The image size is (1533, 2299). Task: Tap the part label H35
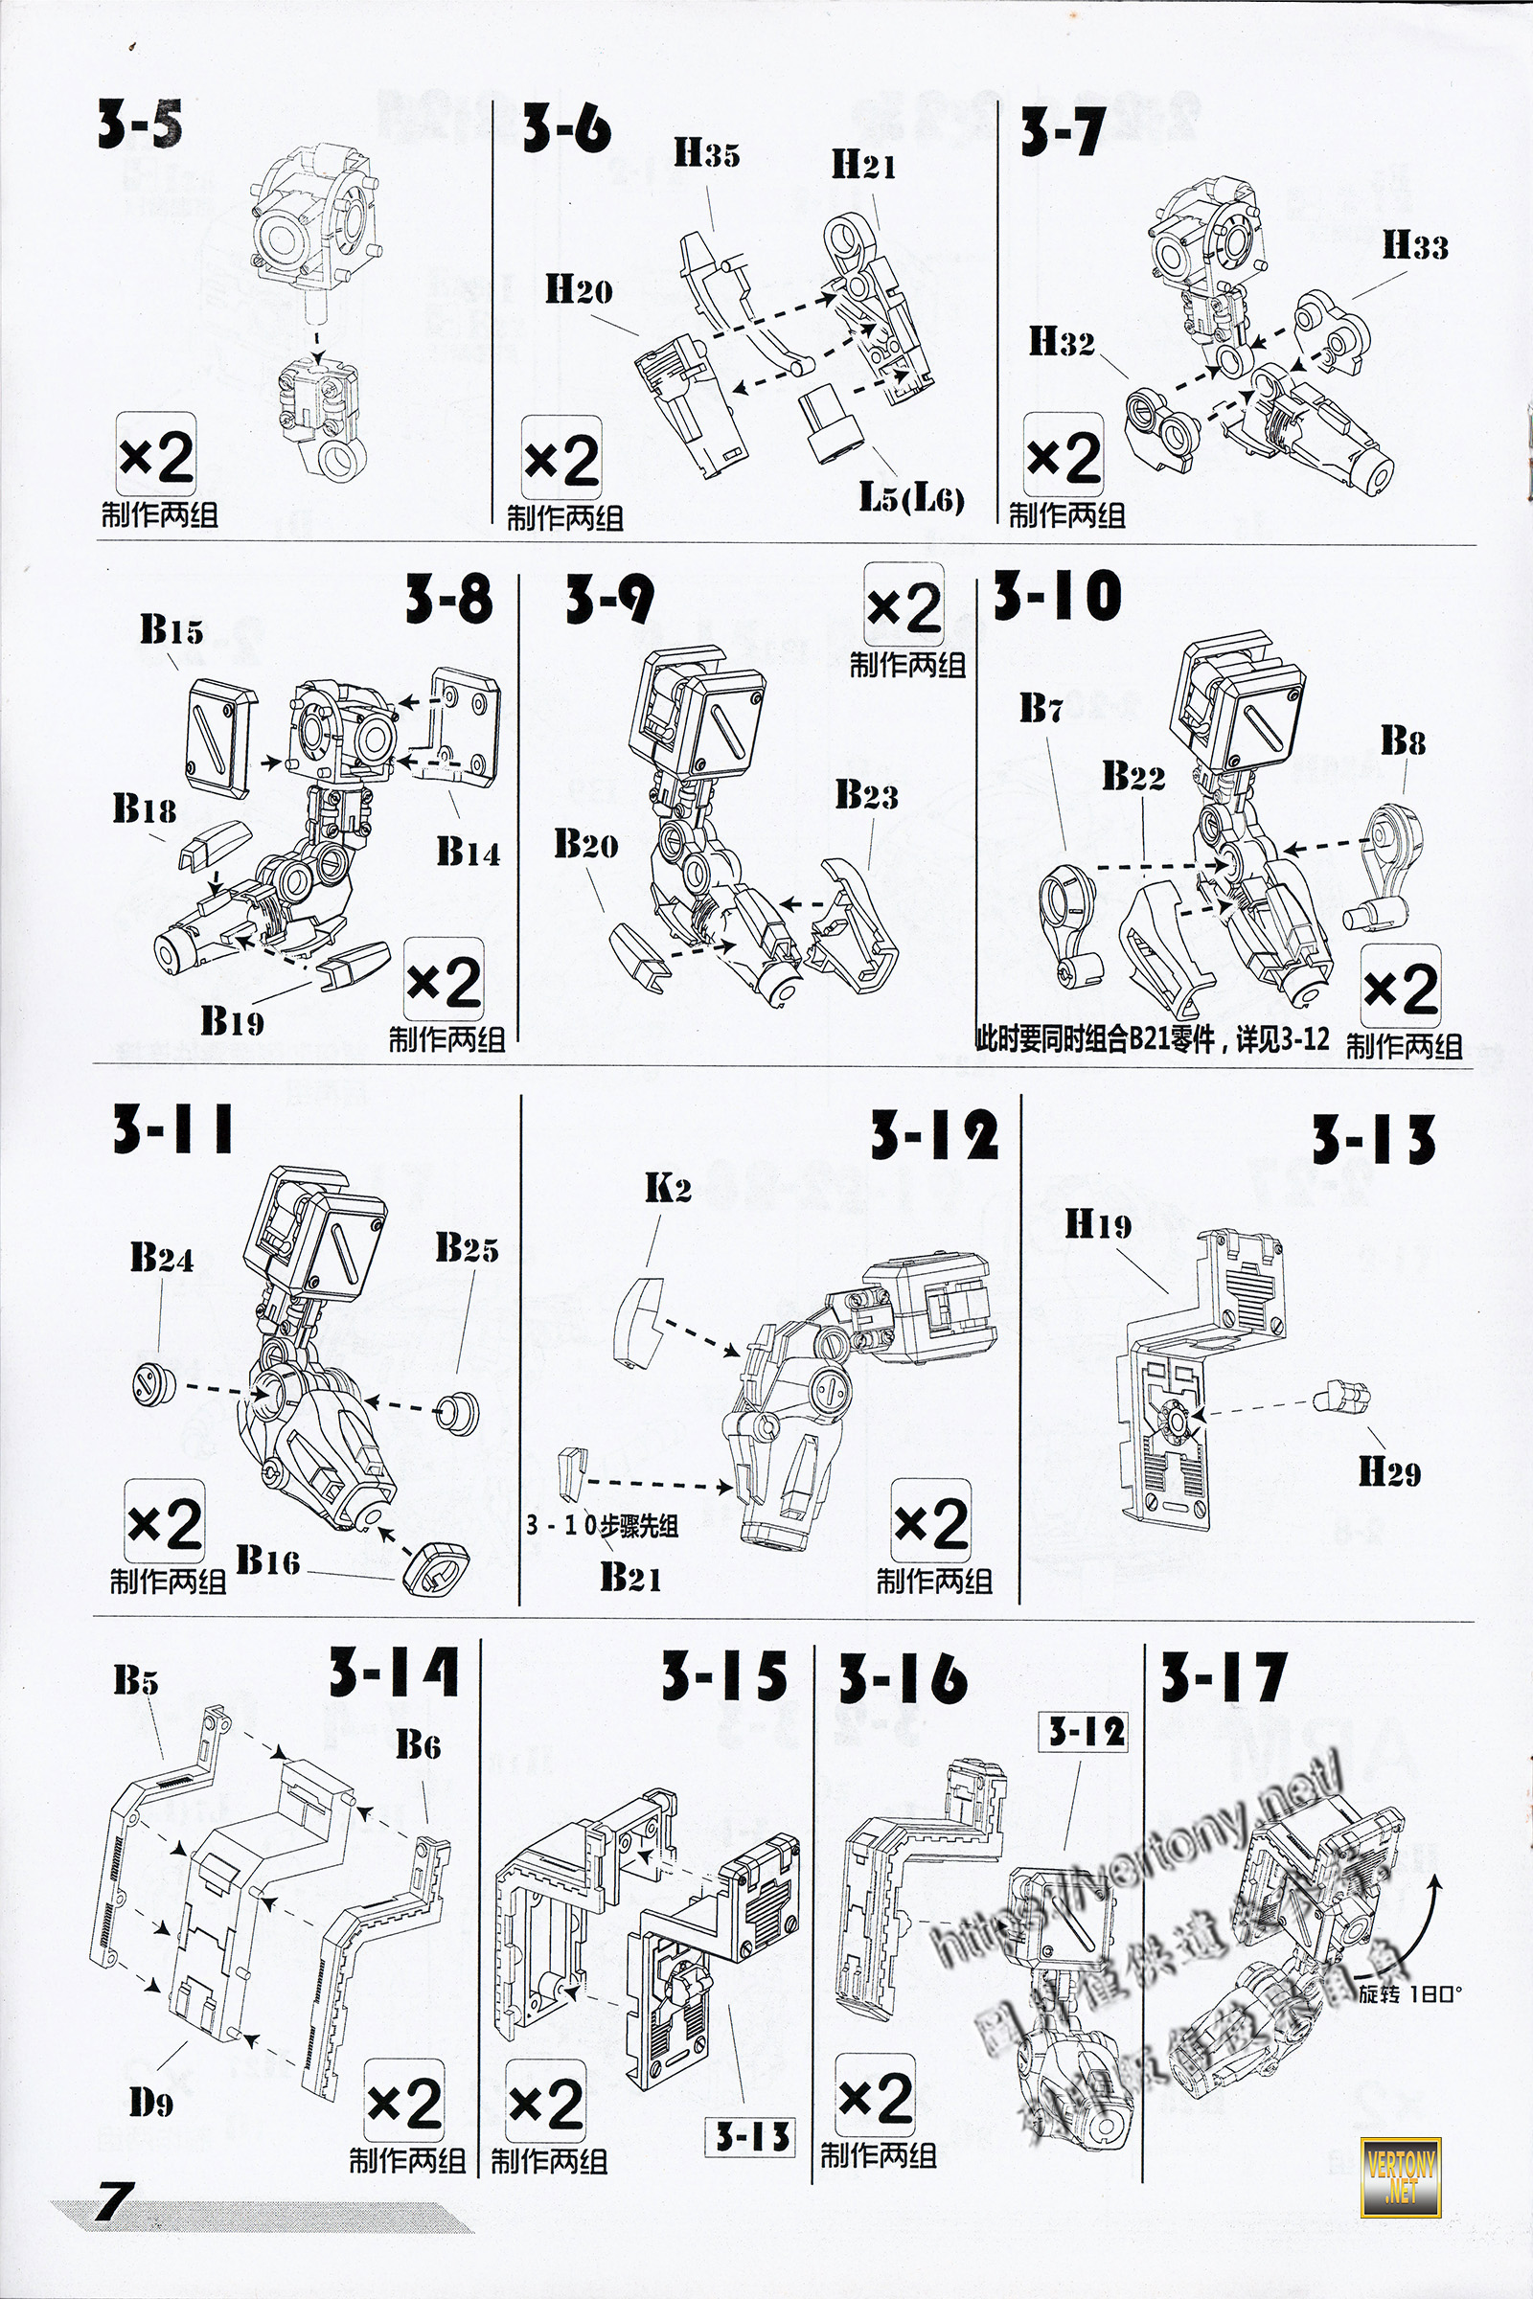click(706, 154)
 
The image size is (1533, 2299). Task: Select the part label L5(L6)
click(911, 498)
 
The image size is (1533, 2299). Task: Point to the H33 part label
click(1414, 245)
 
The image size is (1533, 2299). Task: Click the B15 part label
click(172, 629)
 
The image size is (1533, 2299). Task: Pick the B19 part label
click(232, 1021)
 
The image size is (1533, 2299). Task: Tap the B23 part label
click(866, 796)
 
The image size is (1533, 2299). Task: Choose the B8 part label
click(1402, 740)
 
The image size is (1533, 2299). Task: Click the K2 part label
click(668, 1188)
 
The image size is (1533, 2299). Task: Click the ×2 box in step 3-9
click(904, 608)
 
